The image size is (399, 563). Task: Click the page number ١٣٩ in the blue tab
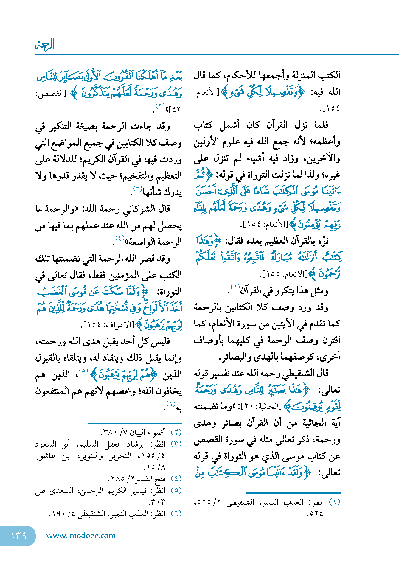(18, 536)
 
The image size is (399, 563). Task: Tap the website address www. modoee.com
(81, 536)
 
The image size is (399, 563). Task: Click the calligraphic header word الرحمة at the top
(45, 45)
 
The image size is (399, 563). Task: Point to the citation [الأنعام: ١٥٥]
(285, 274)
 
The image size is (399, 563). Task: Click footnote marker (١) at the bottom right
(334, 502)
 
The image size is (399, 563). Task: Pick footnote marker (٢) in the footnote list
(176, 432)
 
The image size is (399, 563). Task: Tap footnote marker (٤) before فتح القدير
(176, 479)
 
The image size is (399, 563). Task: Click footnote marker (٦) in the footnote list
(176, 514)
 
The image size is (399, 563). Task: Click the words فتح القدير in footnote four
(152, 479)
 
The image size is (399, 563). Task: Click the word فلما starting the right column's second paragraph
(321, 125)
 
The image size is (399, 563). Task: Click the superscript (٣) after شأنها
(137, 189)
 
